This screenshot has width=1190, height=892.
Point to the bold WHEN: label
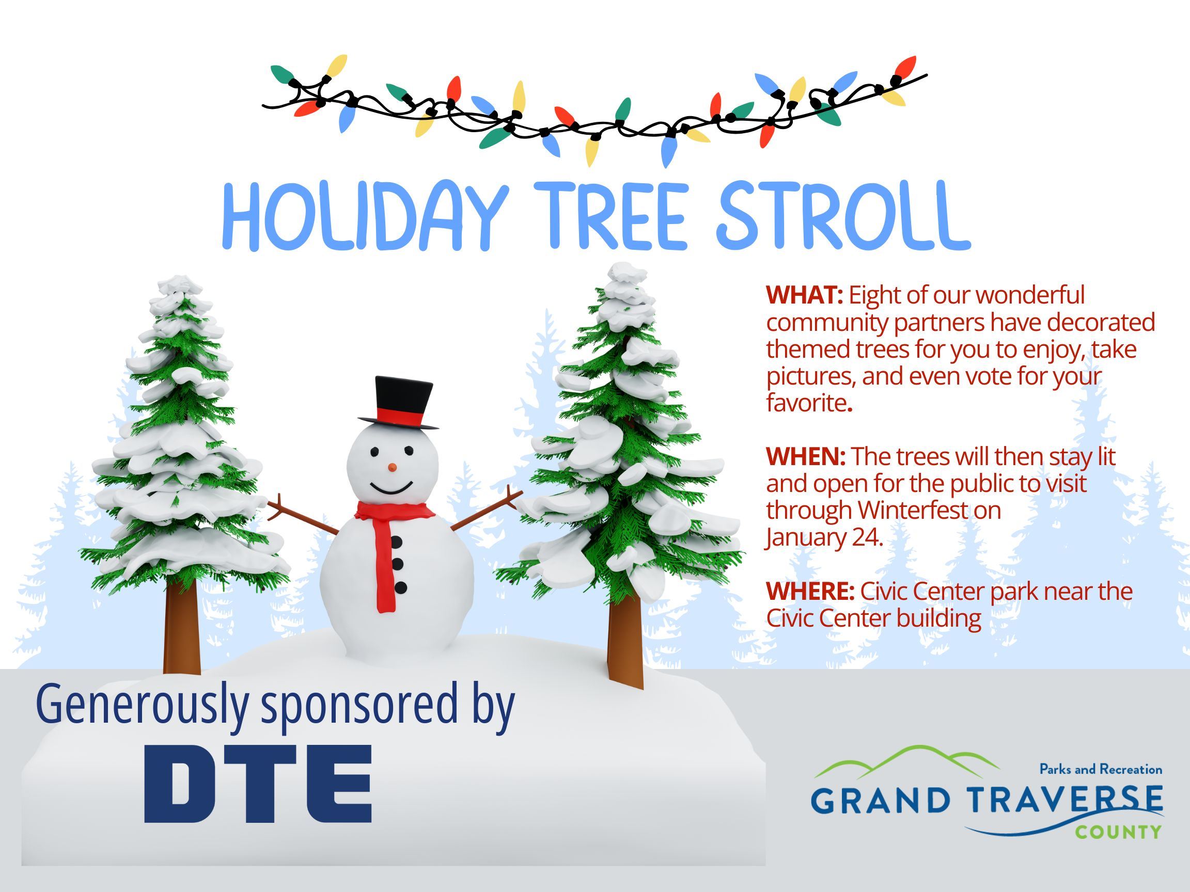806,456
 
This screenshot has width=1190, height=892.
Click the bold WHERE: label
810,592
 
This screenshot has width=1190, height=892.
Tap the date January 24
825,538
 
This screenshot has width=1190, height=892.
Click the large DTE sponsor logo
258,784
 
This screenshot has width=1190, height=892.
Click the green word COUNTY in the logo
1118,833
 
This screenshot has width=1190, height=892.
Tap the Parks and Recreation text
1101,770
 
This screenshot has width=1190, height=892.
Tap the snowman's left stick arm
304,515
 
